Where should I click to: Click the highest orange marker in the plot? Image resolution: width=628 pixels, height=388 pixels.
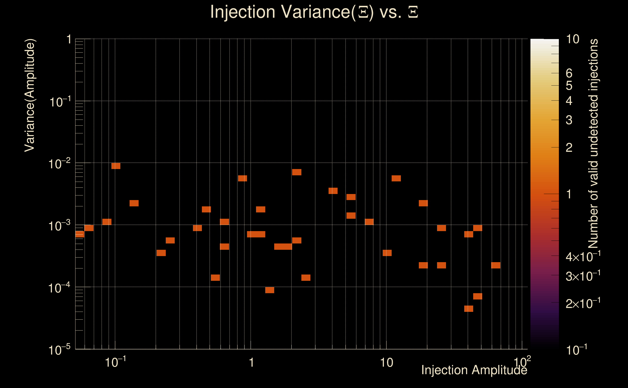(116, 166)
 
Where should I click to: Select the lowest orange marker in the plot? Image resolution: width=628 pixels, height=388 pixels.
(469, 309)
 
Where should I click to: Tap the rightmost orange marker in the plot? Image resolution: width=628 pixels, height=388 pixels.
(496, 265)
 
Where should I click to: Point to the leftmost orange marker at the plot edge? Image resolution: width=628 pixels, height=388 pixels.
(80, 234)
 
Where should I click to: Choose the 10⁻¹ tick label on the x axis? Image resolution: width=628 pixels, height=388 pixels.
(115, 362)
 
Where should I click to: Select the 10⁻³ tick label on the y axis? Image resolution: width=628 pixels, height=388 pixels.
(59, 226)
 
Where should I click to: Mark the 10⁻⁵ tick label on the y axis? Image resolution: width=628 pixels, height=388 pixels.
(59, 350)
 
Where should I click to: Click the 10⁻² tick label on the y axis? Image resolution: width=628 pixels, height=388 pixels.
(59, 164)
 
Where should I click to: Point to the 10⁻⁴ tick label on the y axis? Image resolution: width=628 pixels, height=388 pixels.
(59, 288)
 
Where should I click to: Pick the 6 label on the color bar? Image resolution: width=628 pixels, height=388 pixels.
(569, 73)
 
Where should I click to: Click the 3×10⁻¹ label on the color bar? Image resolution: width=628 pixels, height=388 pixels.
(583, 276)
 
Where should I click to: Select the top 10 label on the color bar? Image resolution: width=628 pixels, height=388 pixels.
(572, 39)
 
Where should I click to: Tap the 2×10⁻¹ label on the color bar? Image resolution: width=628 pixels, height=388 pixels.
(583, 304)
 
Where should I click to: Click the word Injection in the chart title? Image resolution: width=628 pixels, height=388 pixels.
(243, 12)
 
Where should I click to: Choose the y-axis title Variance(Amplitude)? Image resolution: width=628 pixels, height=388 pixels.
(30, 95)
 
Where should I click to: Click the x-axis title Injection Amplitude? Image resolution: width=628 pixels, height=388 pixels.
(474, 370)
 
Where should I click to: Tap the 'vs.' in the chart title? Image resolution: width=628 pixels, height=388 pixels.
(390, 12)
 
